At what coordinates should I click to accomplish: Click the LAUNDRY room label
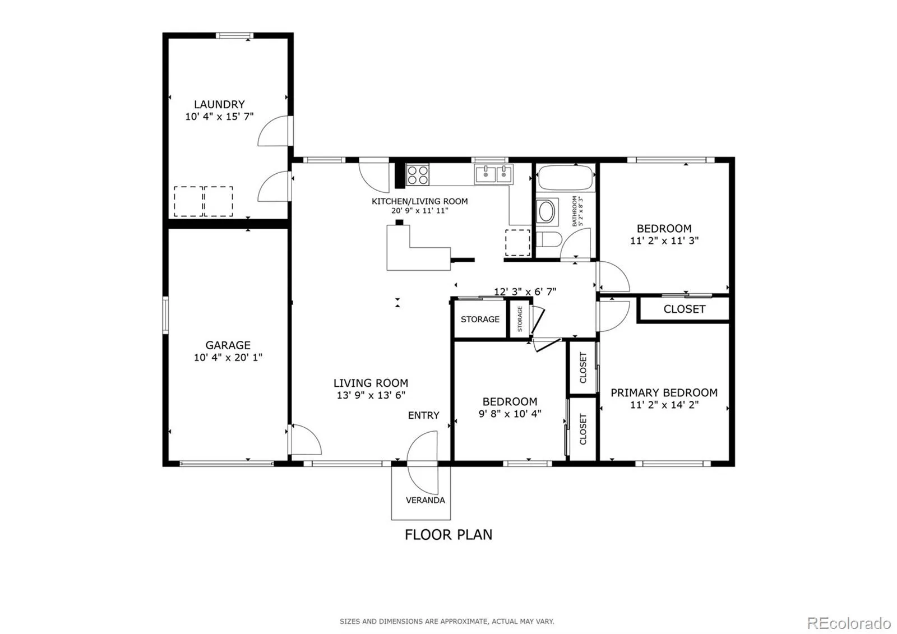pos(219,104)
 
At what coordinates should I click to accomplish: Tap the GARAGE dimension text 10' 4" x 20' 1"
pos(228,357)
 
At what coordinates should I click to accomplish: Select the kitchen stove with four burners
pos(418,175)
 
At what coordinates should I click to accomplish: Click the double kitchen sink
pos(494,174)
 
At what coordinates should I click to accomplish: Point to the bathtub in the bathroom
pos(565,178)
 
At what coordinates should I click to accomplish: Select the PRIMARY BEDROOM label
pos(664,392)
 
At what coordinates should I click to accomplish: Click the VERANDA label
pos(426,500)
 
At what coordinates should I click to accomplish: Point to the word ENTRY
pos(424,415)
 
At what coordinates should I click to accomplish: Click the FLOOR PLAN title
pos(449,535)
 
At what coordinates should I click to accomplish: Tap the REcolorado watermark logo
pos(849,623)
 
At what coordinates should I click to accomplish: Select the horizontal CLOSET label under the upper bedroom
pos(685,309)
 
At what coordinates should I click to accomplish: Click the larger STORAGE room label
pos(480,319)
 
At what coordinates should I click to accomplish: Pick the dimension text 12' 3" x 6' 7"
pos(525,291)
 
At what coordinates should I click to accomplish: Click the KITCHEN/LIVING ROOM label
pos(420,201)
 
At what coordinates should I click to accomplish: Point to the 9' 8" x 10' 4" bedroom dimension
pos(510,414)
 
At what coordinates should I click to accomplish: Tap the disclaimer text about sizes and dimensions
pos(447,621)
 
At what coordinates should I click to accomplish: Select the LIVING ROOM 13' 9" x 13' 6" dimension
pos(371,395)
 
